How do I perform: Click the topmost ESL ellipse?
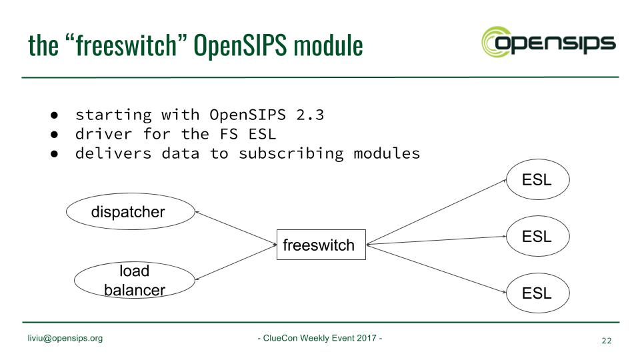537,179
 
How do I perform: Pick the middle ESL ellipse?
537,236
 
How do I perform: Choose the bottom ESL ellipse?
537,292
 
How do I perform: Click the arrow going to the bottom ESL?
437,268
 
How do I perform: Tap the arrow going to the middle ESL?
437,241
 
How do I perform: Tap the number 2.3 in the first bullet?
310,115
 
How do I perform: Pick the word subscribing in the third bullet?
291,153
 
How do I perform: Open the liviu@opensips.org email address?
65,338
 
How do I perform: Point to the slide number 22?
606,341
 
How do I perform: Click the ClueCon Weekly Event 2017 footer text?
320,338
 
